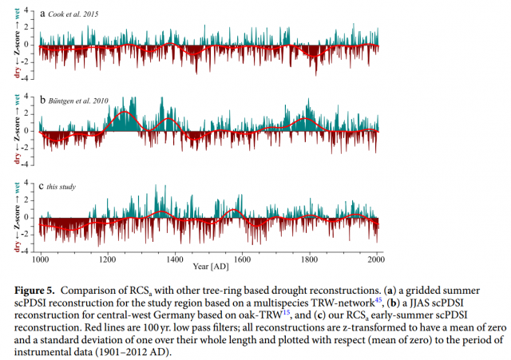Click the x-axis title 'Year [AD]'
coord(209,265)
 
